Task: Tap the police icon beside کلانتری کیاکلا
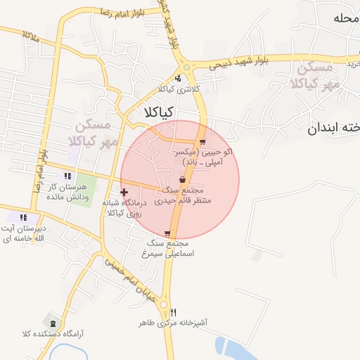[178, 79]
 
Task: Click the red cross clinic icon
[124, 192]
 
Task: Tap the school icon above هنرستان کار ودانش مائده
[67, 176]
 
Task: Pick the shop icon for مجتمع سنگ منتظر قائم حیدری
[184, 180]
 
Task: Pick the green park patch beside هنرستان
[84, 186]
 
